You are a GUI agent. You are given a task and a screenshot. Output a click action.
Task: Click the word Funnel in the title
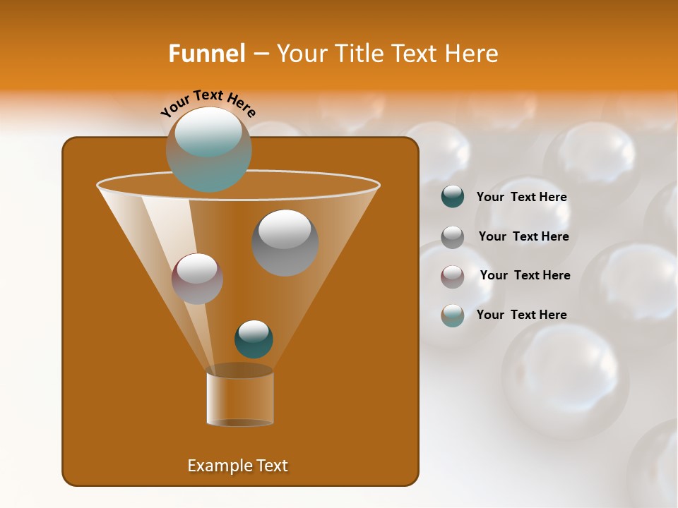point(206,54)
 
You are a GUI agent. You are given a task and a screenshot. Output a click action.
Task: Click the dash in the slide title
point(260,54)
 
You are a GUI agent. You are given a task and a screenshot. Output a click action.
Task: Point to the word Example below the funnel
point(218,466)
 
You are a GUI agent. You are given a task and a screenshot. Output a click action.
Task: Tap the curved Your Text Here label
point(208,103)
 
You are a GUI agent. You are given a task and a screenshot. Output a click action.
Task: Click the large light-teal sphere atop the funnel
point(208,150)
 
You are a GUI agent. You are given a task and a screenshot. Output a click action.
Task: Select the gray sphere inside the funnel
point(285,242)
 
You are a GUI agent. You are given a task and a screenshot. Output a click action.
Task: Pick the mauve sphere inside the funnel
point(197,278)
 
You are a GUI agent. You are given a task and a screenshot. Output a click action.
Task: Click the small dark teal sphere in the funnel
point(254,339)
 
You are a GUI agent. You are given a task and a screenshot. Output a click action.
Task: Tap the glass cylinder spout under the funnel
point(239,397)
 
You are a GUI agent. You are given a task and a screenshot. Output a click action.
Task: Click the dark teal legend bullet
point(453,197)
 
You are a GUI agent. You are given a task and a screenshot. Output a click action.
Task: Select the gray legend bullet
point(453,236)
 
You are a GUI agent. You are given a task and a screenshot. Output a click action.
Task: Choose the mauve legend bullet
point(453,276)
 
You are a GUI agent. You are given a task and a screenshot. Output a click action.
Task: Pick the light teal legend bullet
point(453,315)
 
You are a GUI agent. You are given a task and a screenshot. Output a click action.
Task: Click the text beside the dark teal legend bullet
point(521,198)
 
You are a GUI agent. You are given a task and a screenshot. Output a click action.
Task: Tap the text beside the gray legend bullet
point(523,236)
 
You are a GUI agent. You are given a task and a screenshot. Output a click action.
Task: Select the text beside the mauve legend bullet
point(525,275)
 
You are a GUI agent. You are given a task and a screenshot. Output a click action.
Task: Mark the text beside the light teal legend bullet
point(521,315)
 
